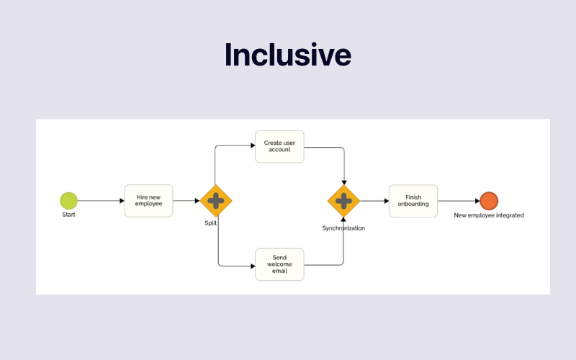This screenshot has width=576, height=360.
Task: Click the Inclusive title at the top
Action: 288,55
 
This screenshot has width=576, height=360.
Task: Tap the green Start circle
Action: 68,200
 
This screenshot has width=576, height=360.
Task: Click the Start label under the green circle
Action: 68,215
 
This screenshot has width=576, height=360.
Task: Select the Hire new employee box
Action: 149,201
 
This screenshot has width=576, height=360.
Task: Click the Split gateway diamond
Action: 216,201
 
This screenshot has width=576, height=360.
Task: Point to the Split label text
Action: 210,223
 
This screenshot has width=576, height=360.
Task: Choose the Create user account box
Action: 279,146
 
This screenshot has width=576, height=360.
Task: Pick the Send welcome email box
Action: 279,264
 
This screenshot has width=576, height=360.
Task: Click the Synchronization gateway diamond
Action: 343,201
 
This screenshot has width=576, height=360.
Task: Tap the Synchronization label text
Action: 343,228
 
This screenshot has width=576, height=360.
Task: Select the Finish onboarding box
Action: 413,201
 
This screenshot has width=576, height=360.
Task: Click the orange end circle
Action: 489,201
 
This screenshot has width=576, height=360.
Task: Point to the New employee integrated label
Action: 489,215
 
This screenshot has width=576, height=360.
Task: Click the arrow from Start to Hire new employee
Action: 101,201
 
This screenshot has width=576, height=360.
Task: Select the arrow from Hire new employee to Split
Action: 186,201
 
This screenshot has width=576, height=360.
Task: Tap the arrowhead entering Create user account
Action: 252,146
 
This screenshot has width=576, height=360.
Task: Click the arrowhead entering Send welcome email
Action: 252,266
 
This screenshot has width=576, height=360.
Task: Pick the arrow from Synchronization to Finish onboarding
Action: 374,201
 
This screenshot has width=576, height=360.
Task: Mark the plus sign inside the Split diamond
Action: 216,201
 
